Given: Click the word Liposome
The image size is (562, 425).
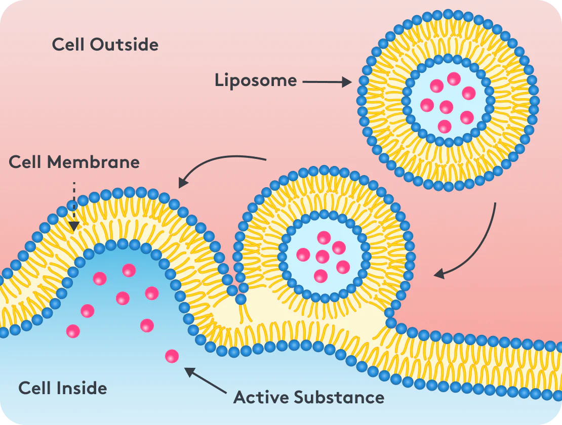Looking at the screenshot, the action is point(256,80).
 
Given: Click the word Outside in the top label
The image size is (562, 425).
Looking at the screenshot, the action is point(124,45).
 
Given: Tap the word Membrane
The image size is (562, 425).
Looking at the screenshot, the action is point(93,162).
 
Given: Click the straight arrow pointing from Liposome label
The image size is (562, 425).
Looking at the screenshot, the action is point(327,82).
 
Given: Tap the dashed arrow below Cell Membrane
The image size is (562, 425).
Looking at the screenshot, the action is point(74,206).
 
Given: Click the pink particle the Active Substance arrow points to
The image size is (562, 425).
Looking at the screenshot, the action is point(172,356).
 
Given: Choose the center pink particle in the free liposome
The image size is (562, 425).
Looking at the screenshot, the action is point(446,107).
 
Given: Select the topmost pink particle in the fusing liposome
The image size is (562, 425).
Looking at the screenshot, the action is point(324,238).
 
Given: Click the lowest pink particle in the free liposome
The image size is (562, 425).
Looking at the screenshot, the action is point(445,126).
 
